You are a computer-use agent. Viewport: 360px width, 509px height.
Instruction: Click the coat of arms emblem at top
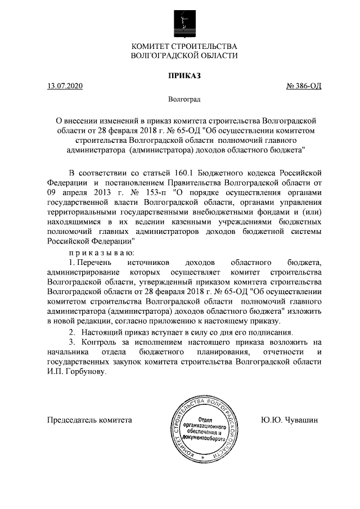point(184,20)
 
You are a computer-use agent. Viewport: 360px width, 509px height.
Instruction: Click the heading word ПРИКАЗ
point(184,75)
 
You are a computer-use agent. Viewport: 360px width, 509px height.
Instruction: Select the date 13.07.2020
point(65,86)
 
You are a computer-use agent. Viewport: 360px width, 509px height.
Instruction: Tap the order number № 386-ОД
point(304,86)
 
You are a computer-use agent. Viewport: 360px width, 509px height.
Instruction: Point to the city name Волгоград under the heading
point(184,100)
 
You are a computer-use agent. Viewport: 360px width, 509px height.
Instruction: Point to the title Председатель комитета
point(89,420)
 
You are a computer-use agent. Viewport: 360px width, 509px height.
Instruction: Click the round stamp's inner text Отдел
point(206,419)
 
